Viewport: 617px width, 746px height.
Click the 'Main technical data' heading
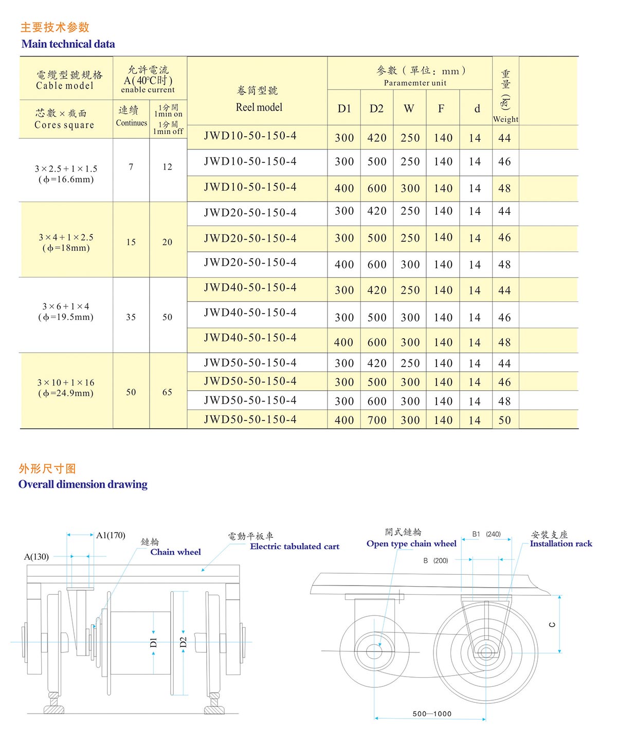(x=68, y=44)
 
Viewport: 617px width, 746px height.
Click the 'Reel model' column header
(x=259, y=107)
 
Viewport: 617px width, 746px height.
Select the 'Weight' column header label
(x=505, y=119)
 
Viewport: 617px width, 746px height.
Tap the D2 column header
(x=376, y=108)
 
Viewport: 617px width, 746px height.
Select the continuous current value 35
(x=131, y=317)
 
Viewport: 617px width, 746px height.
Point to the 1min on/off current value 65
(x=167, y=392)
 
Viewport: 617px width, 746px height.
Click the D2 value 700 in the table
(x=376, y=420)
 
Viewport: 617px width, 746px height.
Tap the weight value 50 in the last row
(x=504, y=420)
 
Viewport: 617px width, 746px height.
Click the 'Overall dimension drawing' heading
(x=83, y=484)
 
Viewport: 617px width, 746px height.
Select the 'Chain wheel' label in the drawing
(x=175, y=552)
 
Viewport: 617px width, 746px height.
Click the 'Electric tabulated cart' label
(x=295, y=547)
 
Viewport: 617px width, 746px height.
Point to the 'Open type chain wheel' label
(x=411, y=544)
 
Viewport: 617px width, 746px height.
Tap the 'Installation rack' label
(x=561, y=544)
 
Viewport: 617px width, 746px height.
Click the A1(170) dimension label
(x=111, y=535)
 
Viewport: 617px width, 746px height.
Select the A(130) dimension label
(x=37, y=557)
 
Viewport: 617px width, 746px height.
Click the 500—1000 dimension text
(x=432, y=714)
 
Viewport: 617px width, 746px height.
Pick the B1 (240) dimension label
(x=486, y=534)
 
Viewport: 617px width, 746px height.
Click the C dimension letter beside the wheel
(x=552, y=625)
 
